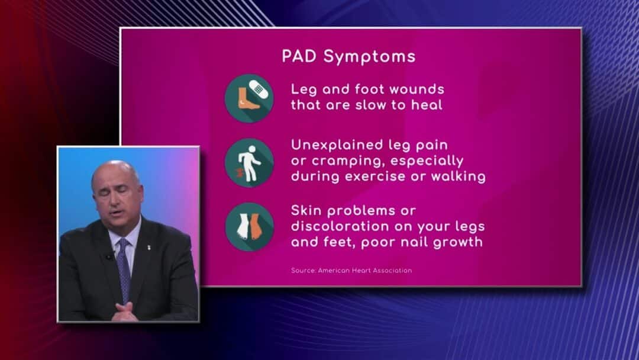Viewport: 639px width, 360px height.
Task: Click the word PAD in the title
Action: pos(299,56)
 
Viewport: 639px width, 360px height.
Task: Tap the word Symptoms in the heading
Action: pos(370,57)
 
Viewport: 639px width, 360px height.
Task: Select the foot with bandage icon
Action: pos(250,98)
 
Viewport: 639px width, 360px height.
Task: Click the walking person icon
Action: pos(250,163)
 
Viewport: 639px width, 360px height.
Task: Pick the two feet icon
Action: pos(250,227)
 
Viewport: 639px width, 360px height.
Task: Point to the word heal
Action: pos(426,105)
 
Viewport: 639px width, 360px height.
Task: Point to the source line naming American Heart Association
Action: pos(351,271)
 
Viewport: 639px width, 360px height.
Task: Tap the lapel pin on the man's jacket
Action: pos(149,247)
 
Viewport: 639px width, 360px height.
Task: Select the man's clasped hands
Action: pos(124,312)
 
